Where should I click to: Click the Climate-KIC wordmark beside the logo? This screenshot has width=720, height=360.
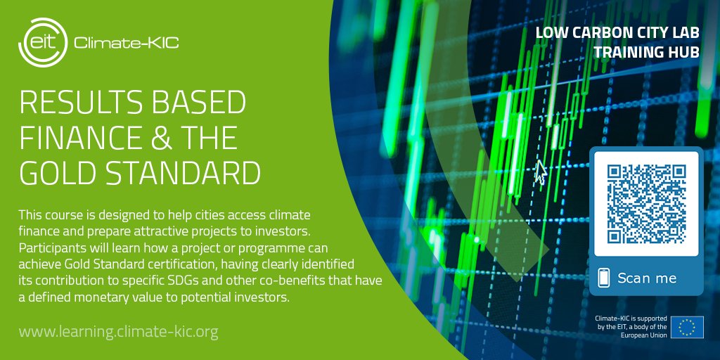point(126,43)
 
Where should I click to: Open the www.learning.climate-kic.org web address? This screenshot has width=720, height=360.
point(118,330)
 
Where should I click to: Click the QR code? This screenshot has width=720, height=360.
point(646,203)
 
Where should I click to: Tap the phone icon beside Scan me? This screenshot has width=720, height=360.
point(603,278)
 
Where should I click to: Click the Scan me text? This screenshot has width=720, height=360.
point(647,278)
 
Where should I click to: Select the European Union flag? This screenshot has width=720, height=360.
point(686,328)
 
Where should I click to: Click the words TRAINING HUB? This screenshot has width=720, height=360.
point(645,52)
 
